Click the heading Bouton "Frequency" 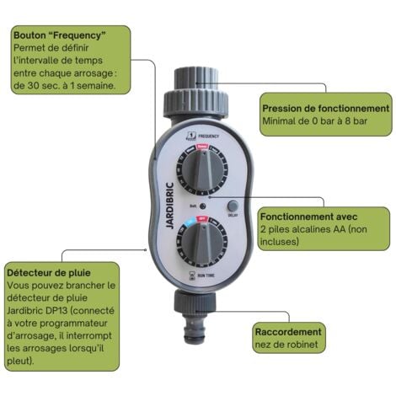59,36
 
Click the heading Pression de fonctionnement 325,109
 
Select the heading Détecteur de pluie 48,273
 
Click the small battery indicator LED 203,206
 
